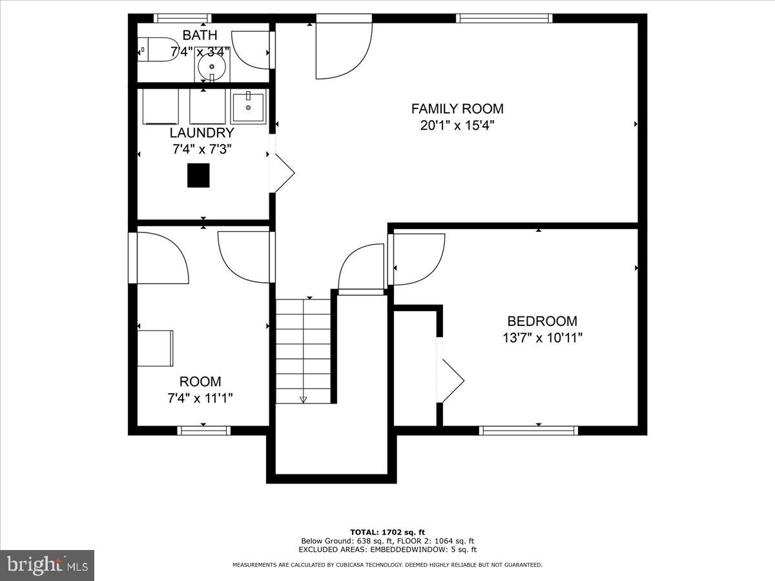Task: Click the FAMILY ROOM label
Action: coord(457,108)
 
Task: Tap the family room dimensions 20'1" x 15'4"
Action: coord(457,125)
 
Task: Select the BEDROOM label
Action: coord(542,321)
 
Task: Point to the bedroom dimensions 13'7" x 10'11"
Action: coord(542,337)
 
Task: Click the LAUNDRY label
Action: coord(201,133)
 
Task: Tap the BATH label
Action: coord(200,35)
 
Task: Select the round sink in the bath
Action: coord(211,66)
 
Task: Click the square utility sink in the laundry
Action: coord(248,107)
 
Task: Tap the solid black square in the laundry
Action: coord(198,176)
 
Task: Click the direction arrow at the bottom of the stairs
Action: coord(303,400)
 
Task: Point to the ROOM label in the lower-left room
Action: coord(200,382)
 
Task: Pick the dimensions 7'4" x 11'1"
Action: coord(200,398)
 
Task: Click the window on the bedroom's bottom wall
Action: coord(528,431)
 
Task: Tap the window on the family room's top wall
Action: coord(504,18)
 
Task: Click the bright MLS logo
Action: coord(47,565)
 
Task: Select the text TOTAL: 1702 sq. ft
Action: coord(387,532)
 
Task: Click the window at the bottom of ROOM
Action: coord(203,431)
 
